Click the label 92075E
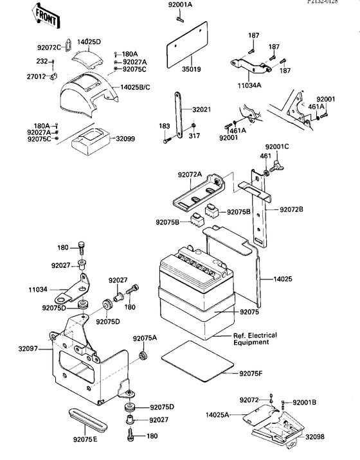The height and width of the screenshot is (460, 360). tap(85, 440)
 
